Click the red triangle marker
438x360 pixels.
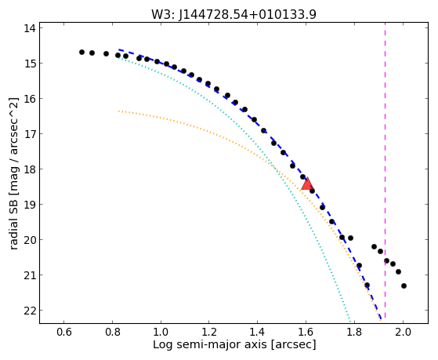pos(307,184)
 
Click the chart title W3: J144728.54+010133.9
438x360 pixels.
pos(233,15)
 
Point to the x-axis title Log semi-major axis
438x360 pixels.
pos(209,344)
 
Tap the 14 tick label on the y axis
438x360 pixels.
pos(30,28)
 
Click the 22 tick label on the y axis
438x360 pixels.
pos(30,311)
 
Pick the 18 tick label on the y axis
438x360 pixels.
pos(30,169)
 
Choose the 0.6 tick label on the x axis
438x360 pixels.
pos(64,332)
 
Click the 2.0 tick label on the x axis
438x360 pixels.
pos(403,332)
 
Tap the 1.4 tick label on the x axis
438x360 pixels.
pos(258,332)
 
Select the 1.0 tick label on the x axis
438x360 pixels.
pos(161,332)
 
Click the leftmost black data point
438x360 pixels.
pos(81,52)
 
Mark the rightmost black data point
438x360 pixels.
pos(404,285)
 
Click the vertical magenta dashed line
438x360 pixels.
pos(385,171)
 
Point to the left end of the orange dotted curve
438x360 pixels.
pos(119,111)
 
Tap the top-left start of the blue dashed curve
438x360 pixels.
pos(119,49)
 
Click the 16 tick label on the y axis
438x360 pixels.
pos(30,99)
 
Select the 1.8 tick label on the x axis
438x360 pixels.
pos(354,332)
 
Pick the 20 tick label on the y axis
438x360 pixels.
pos(30,240)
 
